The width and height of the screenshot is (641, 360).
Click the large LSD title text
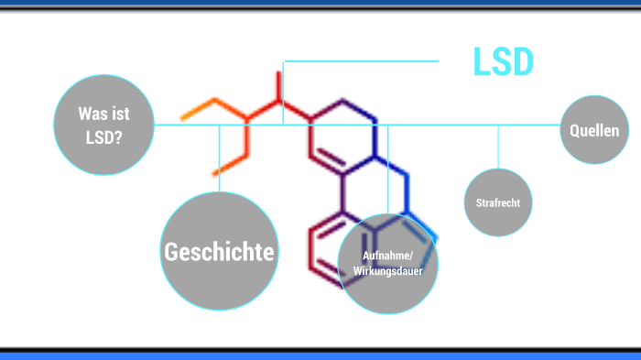pos(503,61)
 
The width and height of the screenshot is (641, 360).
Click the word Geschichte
pos(220,251)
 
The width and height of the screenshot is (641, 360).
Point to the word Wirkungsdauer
pos(388,272)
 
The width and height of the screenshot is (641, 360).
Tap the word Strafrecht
pos(498,203)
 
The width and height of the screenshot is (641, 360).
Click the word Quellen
pos(594,131)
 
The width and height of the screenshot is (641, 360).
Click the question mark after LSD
pos(119,139)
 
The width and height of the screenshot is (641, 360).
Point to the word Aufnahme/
pos(388,256)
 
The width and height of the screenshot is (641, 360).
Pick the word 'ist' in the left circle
pos(119,115)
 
